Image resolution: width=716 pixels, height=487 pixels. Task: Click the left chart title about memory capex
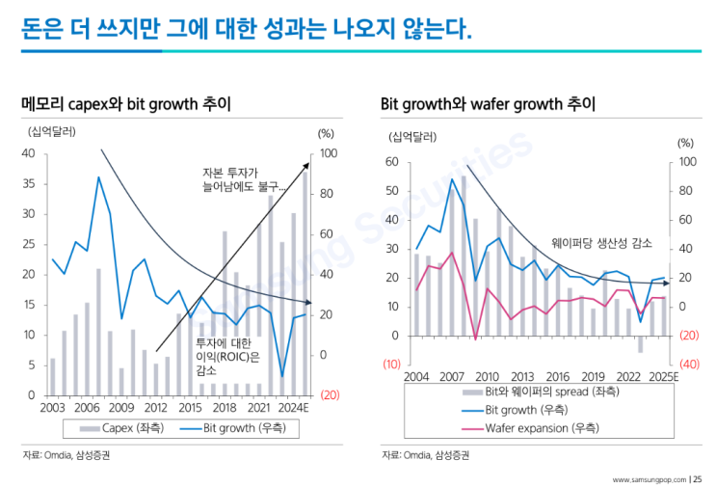pyautogui.click(x=125, y=103)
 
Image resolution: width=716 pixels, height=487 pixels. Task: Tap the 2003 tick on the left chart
pyautogui.click(x=52, y=408)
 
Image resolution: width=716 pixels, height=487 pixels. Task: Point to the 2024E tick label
pyautogui.click(x=290, y=408)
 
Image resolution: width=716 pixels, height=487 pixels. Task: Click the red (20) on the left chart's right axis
pyautogui.click(x=329, y=395)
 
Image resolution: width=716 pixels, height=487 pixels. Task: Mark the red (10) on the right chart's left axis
pyautogui.click(x=391, y=365)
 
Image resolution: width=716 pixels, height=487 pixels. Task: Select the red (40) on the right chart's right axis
pyautogui.click(x=688, y=365)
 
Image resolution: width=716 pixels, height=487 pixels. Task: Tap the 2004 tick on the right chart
pyautogui.click(x=416, y=375)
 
